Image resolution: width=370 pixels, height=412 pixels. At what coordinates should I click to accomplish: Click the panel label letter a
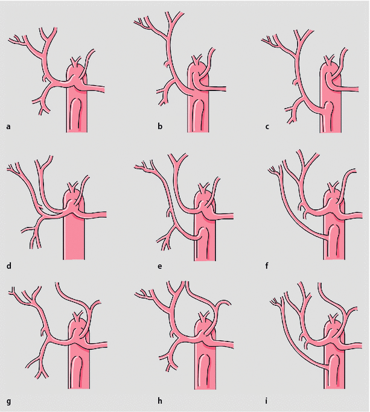(8, 127)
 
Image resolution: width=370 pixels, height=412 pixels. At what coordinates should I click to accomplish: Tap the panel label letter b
(160, 127)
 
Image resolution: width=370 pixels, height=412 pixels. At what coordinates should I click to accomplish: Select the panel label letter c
(267, 127)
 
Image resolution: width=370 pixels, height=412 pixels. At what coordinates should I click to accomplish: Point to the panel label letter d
(9, 266)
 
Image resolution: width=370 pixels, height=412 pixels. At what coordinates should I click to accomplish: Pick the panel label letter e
(160, 267)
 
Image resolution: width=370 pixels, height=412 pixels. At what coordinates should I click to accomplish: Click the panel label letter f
(267, 265)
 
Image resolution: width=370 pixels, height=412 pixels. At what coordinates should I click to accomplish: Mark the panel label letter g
(9, 402)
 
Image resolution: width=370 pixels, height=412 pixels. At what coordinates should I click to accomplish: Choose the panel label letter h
(160, 401)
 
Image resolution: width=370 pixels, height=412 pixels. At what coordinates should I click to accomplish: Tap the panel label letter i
(266, 401)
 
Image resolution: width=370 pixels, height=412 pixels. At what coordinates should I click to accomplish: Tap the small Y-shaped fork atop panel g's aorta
(77, 316)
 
